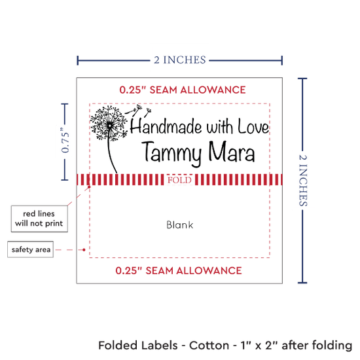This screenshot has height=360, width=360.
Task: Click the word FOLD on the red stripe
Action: coord(179,180)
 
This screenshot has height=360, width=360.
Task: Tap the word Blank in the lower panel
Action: coord(180,225)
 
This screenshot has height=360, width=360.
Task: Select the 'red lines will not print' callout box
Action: coord(39,219)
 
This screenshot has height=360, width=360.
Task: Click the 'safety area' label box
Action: coord(31,249)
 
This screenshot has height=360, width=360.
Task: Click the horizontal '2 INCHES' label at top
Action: coord(180,60)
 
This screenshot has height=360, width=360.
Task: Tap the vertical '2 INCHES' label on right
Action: coord(303,181)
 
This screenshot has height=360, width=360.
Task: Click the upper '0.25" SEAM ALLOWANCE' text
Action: coord(183,90)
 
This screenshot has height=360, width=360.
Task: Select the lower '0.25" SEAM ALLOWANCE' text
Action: coord(179,270)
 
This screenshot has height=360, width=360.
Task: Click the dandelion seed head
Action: coord(109,123)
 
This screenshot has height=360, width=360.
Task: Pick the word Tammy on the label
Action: coord(171,153)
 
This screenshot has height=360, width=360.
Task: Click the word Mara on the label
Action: coord(232,151)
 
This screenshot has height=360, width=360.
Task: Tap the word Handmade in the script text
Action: coord(166,126)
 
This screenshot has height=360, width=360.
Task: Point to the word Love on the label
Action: coord(253,126)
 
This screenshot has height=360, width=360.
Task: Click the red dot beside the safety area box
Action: coord(84,249)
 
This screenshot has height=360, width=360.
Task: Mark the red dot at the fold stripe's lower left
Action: coord(89,187)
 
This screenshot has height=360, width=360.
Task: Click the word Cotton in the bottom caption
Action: coord(209,346)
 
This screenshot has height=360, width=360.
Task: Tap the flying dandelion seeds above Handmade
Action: coord(138,110)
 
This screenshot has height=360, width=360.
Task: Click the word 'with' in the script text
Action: coord(220,127)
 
